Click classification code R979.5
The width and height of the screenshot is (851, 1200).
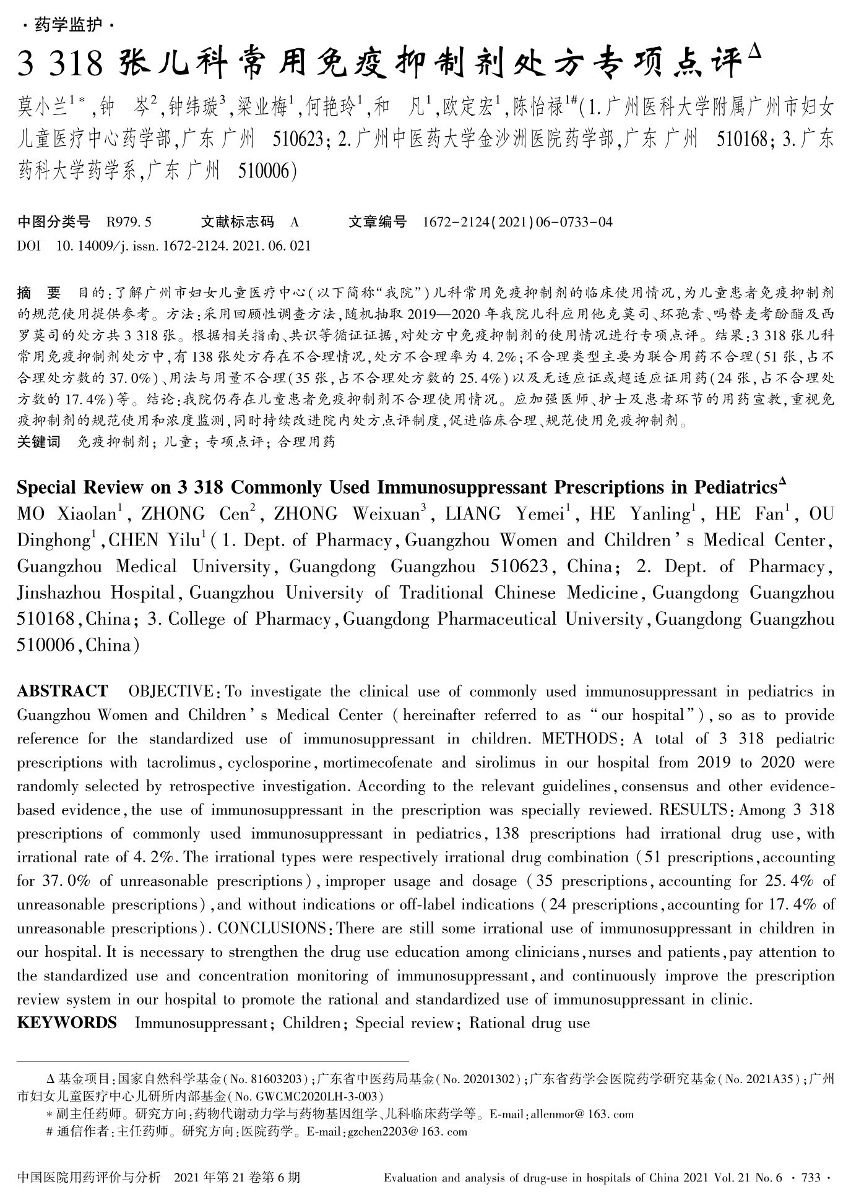pos(129,222)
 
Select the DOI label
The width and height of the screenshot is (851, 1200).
pos(28,246)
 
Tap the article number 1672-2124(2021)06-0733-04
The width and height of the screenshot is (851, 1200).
pos(517,222)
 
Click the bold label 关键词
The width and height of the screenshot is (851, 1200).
pos(39,442)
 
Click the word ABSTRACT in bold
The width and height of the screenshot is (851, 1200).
pos(62,691)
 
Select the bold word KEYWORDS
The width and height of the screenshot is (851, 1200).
pos(67,1022)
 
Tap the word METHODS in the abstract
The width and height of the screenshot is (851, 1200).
pos(579,739)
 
